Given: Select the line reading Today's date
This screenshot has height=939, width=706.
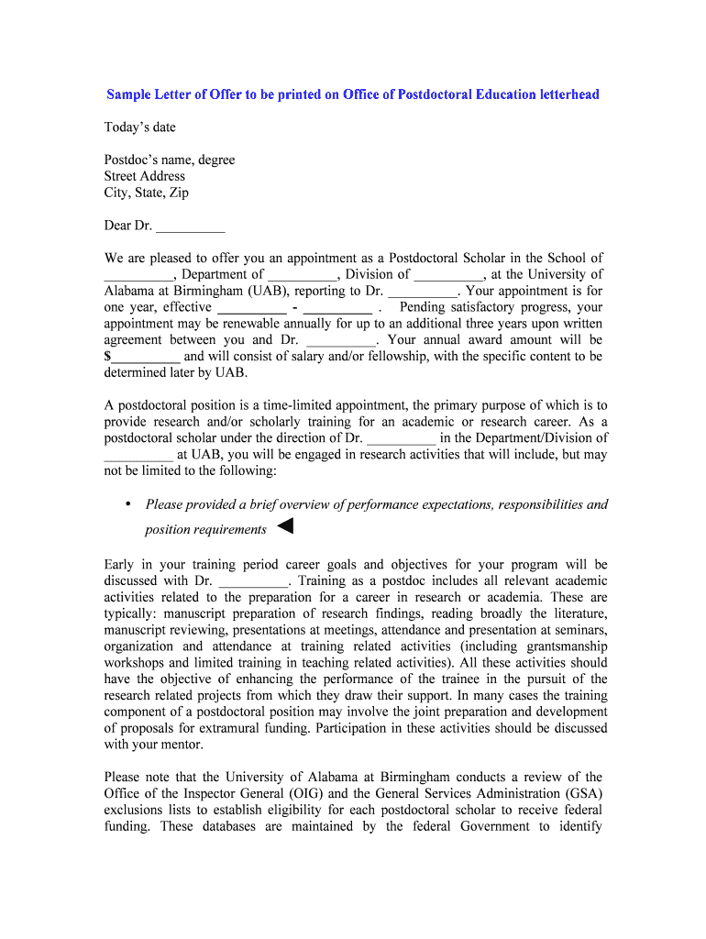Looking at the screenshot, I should [139, 127].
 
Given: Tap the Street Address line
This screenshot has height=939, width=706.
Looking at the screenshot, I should [144, 176].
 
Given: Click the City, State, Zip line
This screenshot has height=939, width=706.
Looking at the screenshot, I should [146, 193].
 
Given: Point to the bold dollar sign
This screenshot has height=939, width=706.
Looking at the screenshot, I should [108, 357].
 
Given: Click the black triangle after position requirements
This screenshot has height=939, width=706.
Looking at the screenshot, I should [284, 526].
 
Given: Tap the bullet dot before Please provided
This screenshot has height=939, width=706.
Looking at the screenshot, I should [127, 504].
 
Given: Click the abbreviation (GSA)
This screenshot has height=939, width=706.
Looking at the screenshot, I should [580, 793].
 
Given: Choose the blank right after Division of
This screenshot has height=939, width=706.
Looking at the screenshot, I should [448, 275].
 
